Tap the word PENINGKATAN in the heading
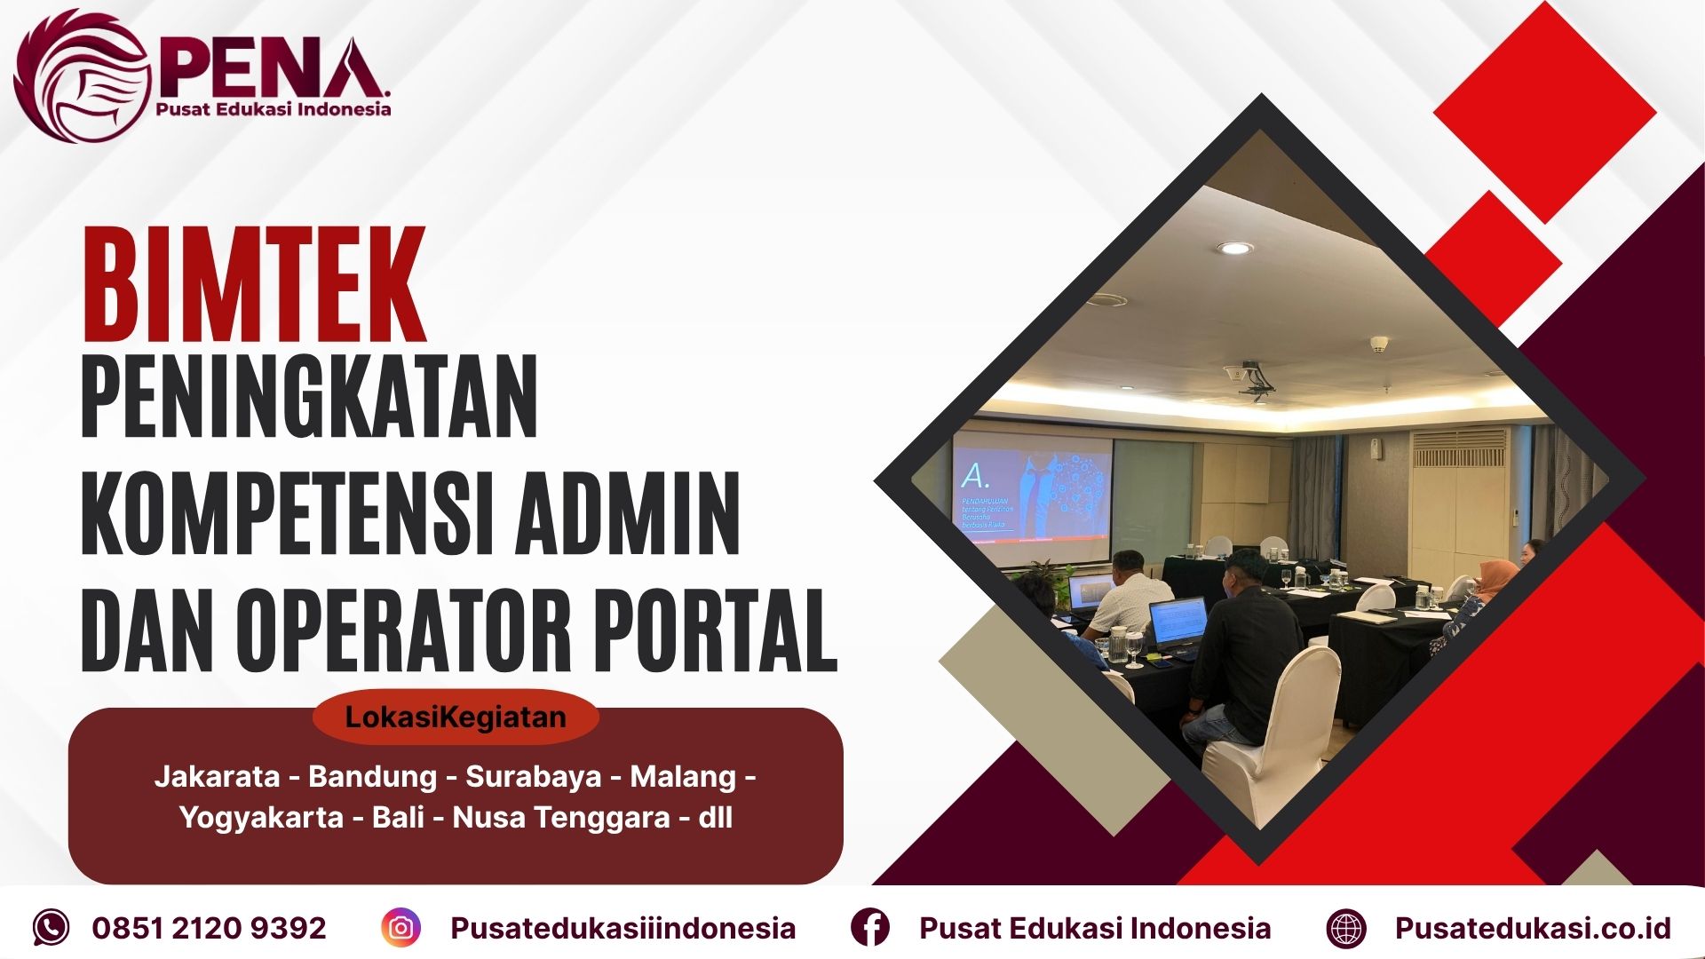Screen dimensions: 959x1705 point(309,397)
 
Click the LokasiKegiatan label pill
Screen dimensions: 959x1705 point(456,717)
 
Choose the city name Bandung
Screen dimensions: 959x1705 point(372,777)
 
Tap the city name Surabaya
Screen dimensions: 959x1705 point(534,777)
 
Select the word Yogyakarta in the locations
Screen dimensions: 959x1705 point(261,817)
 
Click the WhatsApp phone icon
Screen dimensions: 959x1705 point(51,928)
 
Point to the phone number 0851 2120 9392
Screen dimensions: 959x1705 point(210,928)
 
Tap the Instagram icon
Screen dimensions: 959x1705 point(400,928)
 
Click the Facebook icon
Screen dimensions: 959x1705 point(869,928)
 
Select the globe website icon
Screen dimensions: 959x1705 point(1346,929)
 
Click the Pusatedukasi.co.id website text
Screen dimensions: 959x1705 point(1533,928)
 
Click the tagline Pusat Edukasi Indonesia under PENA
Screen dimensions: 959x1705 point(274,109)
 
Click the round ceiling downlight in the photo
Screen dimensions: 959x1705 point(1235,249)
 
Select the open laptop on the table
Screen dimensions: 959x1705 point(1178,620)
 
